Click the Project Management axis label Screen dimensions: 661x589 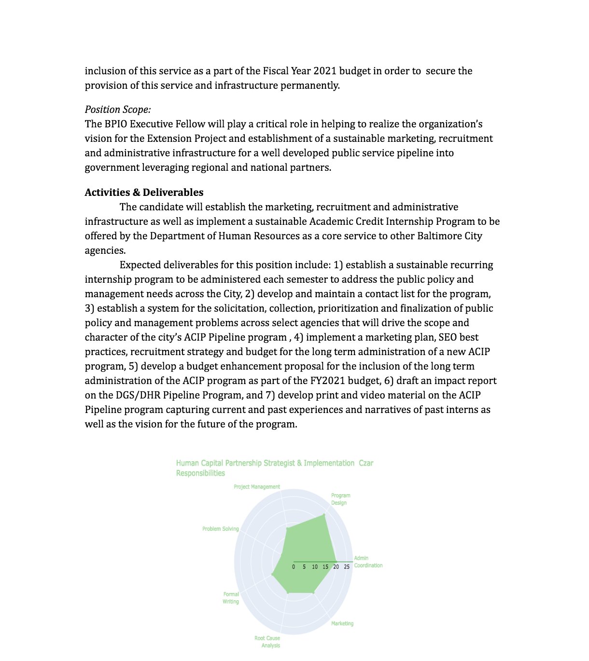[256, 487]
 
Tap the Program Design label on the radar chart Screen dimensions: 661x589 [340, 499]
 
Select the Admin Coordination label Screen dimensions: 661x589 [368, 562]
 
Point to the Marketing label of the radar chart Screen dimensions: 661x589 [342, 623]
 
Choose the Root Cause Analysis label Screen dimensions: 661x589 [267, 642]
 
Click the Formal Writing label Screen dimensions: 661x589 [231, 598]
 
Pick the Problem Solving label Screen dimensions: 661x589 [221, 529]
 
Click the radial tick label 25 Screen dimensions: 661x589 [347, 567]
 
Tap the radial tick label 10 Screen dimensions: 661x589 [315, 567]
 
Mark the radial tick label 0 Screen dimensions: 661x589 [294, 567]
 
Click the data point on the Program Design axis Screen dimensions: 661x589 [324, 515]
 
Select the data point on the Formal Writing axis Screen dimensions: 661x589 [273, 574]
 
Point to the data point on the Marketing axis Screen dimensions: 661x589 [313, 592]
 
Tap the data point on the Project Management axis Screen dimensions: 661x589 [287, 529]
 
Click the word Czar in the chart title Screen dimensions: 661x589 [366, 463]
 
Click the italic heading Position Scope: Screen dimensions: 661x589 [118, 110]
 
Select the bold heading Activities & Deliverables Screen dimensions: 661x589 [144, 193]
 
